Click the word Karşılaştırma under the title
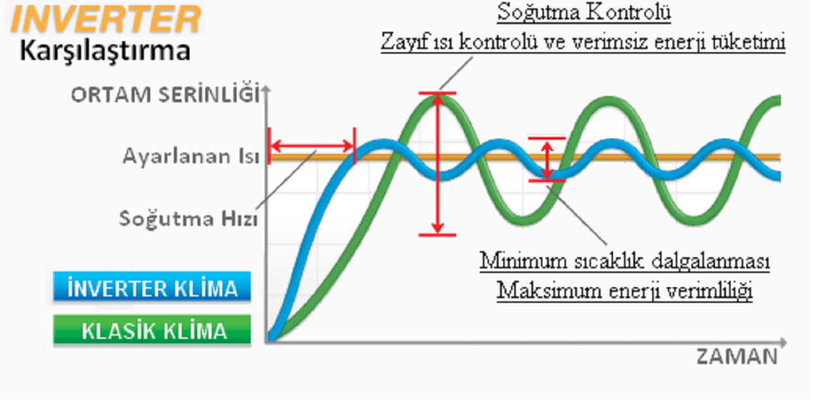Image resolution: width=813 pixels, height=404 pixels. [x=105, y=51]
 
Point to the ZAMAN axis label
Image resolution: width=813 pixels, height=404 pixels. [x=737, y=356]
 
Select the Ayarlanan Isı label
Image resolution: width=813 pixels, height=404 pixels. [x=191, y=156]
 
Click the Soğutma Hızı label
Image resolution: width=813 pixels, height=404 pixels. [x=188, y=219]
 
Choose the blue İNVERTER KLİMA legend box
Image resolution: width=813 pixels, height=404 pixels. [x=152, y=287]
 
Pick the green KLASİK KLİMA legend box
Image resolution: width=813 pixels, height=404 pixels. [x=152, y=330]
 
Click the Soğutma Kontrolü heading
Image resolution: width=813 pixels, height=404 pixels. [x=584, y=12]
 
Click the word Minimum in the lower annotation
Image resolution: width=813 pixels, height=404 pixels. [x=523, y=260]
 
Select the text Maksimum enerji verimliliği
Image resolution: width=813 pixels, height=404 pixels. [x=624, y=290]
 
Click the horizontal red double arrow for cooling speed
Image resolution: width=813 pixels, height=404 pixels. [x=312, y=146]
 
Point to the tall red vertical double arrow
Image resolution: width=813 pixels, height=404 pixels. [x=438, y=164]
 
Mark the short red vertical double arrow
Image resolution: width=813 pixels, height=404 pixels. [x=547, y=160]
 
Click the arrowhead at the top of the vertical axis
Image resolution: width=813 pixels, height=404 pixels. [x=267, y=89]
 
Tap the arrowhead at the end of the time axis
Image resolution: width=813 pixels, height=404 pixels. [x=783, y=343]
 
